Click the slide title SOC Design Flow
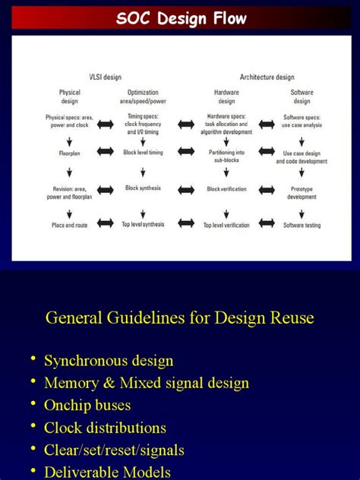click(181, 19)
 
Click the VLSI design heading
click(103, 77)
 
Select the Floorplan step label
click(70, 153)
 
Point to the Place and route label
click(70, 225)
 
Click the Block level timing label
click(143, 153)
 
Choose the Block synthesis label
click(143, 188)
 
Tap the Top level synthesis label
click(143, 225)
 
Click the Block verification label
click(226, 189)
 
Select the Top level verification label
click(226, 225)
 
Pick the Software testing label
click(302, 225)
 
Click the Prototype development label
click(302, 192)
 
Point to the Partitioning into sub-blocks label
click(226, 156)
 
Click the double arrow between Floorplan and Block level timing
click(106, 153)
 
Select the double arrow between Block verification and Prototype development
click(266, 189)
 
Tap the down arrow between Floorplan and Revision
click(70, 170)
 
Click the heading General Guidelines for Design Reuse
click(180, 317)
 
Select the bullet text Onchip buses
click(87, 406)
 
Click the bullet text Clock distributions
click(105, 428)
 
